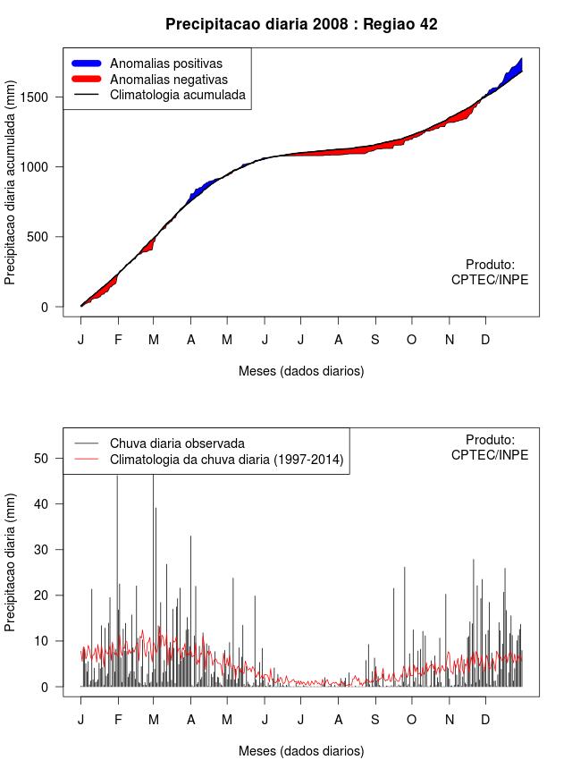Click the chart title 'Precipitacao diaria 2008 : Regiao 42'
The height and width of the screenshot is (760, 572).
[301, 24]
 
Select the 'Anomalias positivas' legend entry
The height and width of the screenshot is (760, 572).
[165, 63]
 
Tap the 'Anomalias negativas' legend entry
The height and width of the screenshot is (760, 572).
[168, 79]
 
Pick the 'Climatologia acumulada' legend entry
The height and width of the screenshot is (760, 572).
[177, 94]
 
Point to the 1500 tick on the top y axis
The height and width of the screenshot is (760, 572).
[38, 97]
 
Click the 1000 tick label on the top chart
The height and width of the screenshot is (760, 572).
[38, 166]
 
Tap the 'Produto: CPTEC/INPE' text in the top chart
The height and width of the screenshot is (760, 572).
[490, 272]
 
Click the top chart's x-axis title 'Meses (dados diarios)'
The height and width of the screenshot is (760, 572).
[301, 370]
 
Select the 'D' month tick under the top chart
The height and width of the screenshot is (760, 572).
[485, 340]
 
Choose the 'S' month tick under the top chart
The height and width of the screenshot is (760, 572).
[374, 340]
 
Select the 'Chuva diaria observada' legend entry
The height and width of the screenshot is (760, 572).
[176, 443]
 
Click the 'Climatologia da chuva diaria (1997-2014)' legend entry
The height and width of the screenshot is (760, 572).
[226, 460]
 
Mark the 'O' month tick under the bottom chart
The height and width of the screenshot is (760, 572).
[411, 720]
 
